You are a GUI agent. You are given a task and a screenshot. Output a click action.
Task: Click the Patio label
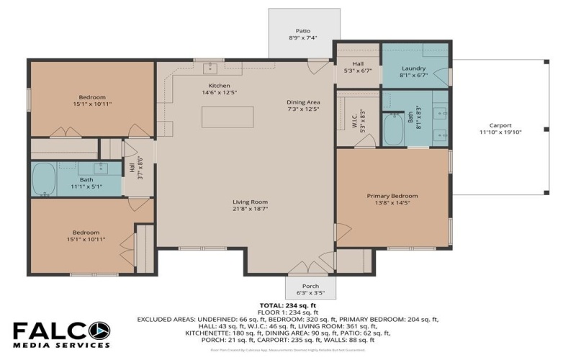[x=302, y=30]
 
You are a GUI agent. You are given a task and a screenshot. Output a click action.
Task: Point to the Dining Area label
[x=303, y=102]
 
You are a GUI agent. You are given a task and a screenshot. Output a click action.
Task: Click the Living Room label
[x=250, y=202]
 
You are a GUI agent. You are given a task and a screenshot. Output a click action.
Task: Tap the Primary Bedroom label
[x=392, y=196]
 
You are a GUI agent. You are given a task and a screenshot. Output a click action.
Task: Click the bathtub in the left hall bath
[x=45, y=179]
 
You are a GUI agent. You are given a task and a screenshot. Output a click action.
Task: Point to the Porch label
[x=310, y=286]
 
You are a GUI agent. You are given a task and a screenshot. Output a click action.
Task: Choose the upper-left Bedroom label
[x=92, y=97]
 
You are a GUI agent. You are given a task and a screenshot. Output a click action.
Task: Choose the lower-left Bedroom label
[x=85, y=232]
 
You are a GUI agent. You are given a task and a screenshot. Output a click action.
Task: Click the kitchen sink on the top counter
[x=212, y=68]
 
